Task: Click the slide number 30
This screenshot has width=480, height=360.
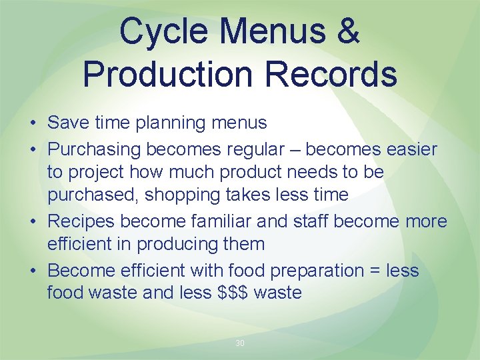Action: pos(240,343)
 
